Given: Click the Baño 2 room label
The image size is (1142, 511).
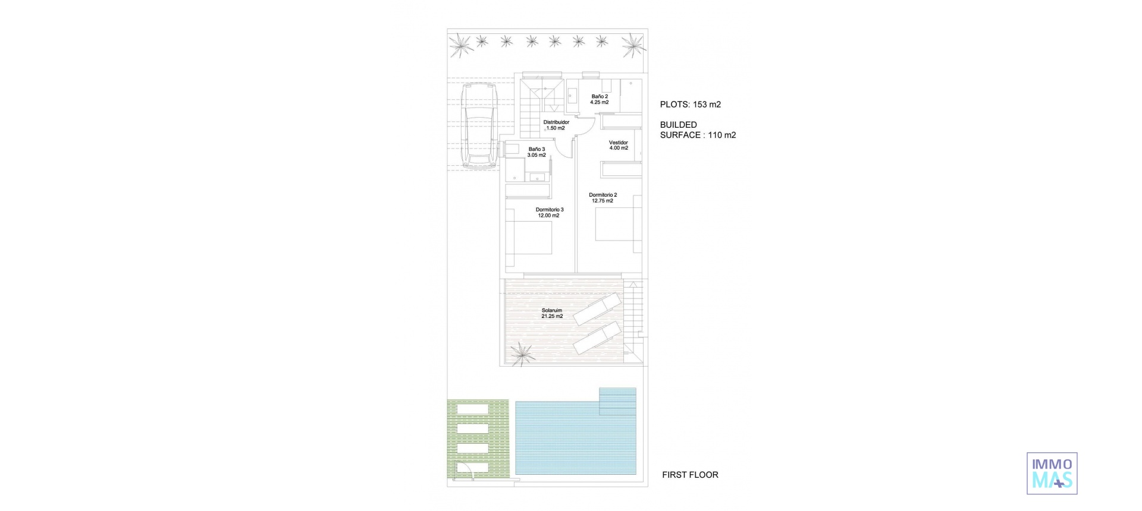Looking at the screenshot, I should click(x=599, y=96).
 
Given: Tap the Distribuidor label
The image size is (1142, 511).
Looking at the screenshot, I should click(x=556, y=122).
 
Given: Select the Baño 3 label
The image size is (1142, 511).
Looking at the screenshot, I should click(x=536, y=149).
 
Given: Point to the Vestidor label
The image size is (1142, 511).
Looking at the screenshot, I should click(x=618, y=143).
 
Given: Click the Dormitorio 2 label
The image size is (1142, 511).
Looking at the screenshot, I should click(x=603, y=195).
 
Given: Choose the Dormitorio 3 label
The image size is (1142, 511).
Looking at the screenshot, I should click(x=549, y=210).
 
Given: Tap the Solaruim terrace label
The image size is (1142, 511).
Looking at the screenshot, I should click(x=551, y=310).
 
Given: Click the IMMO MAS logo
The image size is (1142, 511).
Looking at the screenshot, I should click(x=1052, y=473).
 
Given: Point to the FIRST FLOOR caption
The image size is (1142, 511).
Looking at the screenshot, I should click(x=690, y=475).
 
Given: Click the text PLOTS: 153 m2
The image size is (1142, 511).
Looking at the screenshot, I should click(x=690, y=105).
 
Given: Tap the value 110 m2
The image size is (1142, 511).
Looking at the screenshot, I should click(x=721, y=135).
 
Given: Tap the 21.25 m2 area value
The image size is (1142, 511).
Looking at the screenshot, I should click(x=551, y=317).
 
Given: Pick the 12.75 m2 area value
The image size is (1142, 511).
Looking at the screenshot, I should click(x=603, y=201).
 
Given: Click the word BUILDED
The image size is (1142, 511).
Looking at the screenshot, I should click(x=678, y=125).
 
